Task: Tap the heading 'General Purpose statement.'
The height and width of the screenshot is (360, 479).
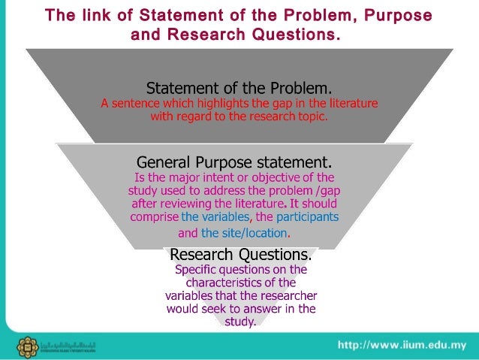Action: pyautogui.click(x=233, y=162)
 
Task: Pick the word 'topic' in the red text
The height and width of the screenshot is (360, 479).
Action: pyautogui.click(x=312, y=116)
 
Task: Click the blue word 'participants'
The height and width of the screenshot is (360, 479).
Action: pyautogui.click(x=308, y=217)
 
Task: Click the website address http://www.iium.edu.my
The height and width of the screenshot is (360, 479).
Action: pyautogui.click(x=404, y=345)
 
